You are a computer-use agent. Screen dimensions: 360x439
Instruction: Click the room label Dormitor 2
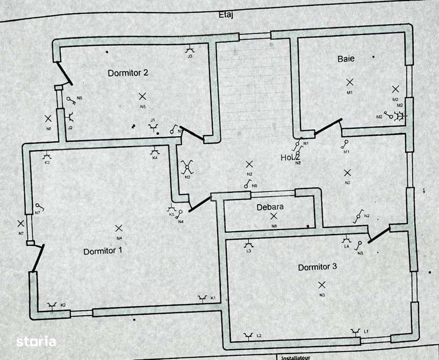coord(128,73)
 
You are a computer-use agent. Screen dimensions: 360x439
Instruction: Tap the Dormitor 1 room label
coord(103,251)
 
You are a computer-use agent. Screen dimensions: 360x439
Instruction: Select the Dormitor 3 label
coord(317,267)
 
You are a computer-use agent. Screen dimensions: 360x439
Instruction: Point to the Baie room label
coord(346,59)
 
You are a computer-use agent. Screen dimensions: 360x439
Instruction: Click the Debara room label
coord(270,207)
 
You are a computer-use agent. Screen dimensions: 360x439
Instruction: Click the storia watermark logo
coord(36,341)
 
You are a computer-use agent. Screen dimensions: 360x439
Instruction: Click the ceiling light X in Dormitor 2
coord(142,96)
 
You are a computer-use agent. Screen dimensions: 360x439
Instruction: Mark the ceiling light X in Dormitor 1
coord(119,229)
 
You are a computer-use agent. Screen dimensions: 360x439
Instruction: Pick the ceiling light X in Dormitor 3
coord(322,285)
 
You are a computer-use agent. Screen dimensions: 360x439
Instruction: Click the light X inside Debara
coord(274,216)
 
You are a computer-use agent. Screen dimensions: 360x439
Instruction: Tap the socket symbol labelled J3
coord(190,49)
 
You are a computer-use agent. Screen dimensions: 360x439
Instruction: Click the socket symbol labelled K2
coord(52,306)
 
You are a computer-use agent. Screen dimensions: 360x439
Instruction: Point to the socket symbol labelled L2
coord(247,336)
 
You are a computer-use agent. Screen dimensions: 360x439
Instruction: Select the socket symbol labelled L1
coord(356,331)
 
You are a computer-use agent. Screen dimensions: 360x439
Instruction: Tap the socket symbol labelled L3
coord(248,244)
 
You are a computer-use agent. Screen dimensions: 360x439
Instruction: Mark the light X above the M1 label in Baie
coord(350,82)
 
